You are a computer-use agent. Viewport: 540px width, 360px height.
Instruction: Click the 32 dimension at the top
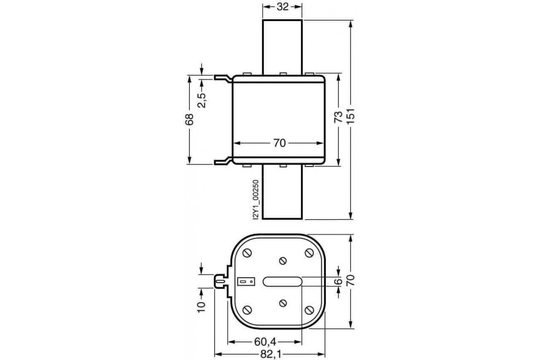point(282,7)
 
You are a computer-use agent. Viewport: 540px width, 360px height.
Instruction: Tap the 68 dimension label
point(189,119)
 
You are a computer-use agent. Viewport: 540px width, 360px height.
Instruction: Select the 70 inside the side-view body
point(279,143)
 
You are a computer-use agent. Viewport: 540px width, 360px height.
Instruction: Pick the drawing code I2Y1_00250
point(255,199)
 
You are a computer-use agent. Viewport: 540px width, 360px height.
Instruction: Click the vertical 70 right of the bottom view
point(351,281)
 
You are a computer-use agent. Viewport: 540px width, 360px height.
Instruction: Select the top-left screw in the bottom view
point(247,253)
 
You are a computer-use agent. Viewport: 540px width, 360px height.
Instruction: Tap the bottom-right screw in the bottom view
point(309,310)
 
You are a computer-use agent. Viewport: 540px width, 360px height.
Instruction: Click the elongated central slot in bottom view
point(283,281)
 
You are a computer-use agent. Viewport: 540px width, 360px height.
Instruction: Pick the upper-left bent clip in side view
point(222,79)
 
